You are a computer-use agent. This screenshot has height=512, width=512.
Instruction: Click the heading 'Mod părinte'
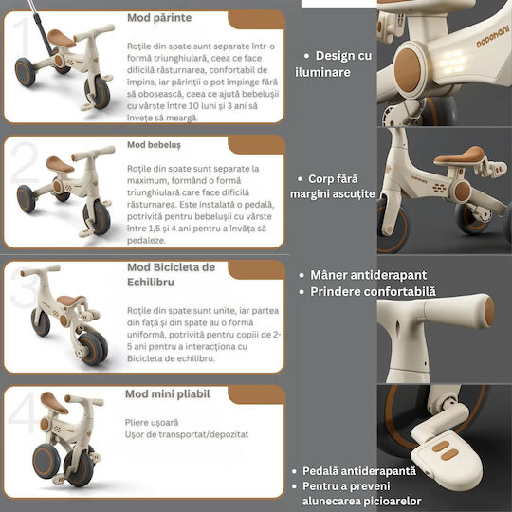tap(159, 18)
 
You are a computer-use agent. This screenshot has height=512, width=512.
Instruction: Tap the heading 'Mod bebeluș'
tap(154, 145)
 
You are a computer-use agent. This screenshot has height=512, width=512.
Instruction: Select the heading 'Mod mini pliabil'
tap(168, 393)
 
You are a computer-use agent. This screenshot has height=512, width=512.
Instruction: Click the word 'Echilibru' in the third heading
tap(151, 282)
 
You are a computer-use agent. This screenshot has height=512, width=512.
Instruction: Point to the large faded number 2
tap(24, 162)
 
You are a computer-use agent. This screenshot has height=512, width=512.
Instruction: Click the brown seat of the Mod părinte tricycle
tap(61, 39)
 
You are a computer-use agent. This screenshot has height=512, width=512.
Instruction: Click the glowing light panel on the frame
tap(452, 62)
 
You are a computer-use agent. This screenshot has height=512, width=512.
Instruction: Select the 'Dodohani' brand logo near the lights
tap(493, 37)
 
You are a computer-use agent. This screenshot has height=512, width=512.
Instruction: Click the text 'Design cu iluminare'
tap(333, 64)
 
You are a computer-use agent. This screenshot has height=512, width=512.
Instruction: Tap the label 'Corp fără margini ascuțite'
tap(333, 187)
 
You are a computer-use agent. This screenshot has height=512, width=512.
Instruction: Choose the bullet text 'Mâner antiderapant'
tap(368, 275)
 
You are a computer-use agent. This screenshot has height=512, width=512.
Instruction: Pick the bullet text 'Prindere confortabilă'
tap(373, 292)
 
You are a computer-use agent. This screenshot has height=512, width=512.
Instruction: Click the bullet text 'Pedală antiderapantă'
tap(359, 471)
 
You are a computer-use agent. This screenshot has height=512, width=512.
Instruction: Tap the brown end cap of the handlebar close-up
tap(489, 311)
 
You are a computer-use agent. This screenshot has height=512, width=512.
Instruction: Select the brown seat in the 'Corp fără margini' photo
tap(460, 155)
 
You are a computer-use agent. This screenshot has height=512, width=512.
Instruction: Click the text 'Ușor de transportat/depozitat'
tap(187, 434)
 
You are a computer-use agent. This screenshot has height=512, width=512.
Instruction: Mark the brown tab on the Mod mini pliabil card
tap(256, 394)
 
